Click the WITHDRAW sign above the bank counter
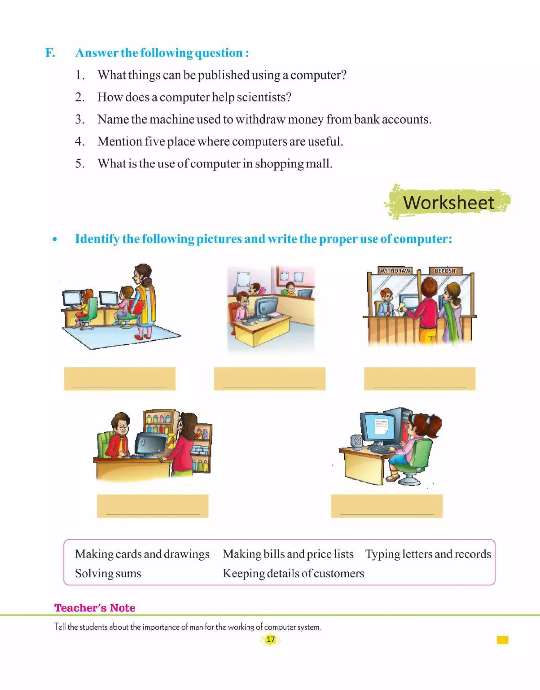[395, 271]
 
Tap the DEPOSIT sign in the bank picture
[445, 271]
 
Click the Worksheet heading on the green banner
[449, 202]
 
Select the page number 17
[271, 639]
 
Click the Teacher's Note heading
[95, 608]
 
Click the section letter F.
[50, 53]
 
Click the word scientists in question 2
[263, 97]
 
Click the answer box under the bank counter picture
[420, 379]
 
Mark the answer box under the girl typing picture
[387, 506]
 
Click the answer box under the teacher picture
[119, 379]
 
